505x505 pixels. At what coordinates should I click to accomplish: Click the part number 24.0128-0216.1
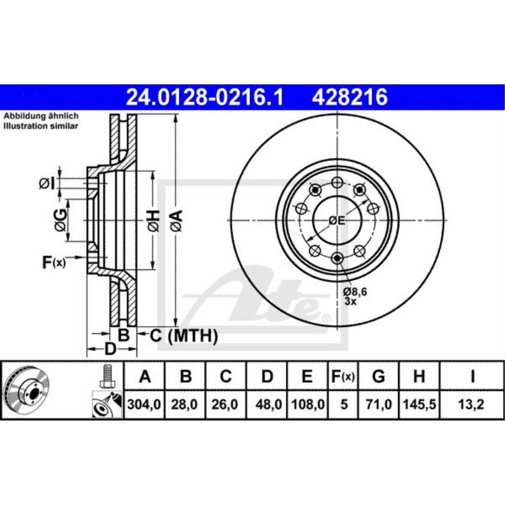[x=205, y=96]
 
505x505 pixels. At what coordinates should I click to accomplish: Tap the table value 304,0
[x=145, y=405]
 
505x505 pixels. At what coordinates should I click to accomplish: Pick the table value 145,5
[x=419, y=405]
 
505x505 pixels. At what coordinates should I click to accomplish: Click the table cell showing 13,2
[x=472, y=405]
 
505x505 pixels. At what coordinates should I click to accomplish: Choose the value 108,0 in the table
[x=308, y=405]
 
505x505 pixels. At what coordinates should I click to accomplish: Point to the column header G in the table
[x=378, y=377]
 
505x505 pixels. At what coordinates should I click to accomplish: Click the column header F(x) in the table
[x=343, y=377]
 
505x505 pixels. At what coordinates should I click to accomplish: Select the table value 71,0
[x=378, y=405]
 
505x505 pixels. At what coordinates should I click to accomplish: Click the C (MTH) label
[x=182, y=335]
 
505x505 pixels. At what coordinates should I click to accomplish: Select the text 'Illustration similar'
[x=41, y=126]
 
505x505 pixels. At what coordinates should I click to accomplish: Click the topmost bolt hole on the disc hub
[x=337, y=182]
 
